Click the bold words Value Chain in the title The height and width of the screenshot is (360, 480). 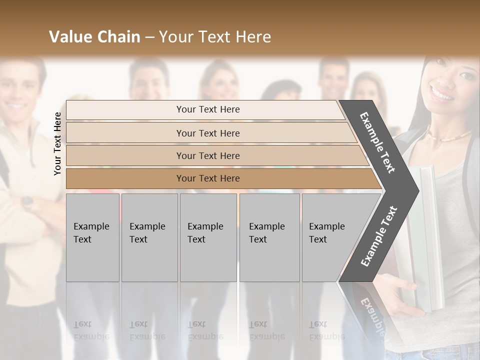click(94, 37)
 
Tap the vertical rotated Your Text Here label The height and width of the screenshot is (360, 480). click(57, 143)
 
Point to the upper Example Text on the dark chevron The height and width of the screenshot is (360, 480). click(377, 142)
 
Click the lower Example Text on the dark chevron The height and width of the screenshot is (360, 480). click(378, 236)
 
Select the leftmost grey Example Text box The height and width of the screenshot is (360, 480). click(92, 237)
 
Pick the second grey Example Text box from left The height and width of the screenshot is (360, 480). click(149, 237)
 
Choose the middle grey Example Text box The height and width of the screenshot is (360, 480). click(208, 237)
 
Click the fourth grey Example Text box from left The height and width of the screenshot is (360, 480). click(269, 237)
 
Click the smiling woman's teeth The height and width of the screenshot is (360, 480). click(443, 93)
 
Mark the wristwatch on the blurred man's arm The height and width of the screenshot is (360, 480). click(27, 202)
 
